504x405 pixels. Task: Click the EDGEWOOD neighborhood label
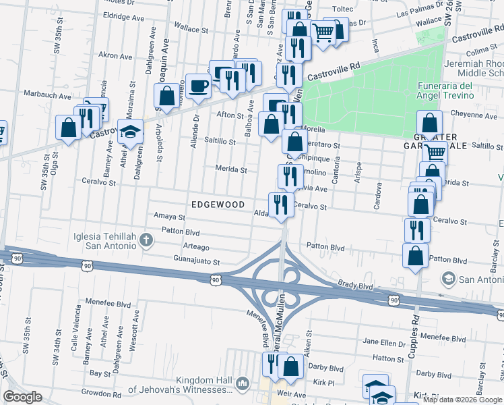(218, 204)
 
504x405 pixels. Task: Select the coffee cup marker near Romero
(198, 86)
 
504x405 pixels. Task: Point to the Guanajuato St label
(197, 261)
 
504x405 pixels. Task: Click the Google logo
(23, 397)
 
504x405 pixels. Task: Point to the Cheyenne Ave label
(472, 115)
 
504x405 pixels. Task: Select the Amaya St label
(169, 217)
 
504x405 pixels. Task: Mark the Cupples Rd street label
(416, 330)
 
